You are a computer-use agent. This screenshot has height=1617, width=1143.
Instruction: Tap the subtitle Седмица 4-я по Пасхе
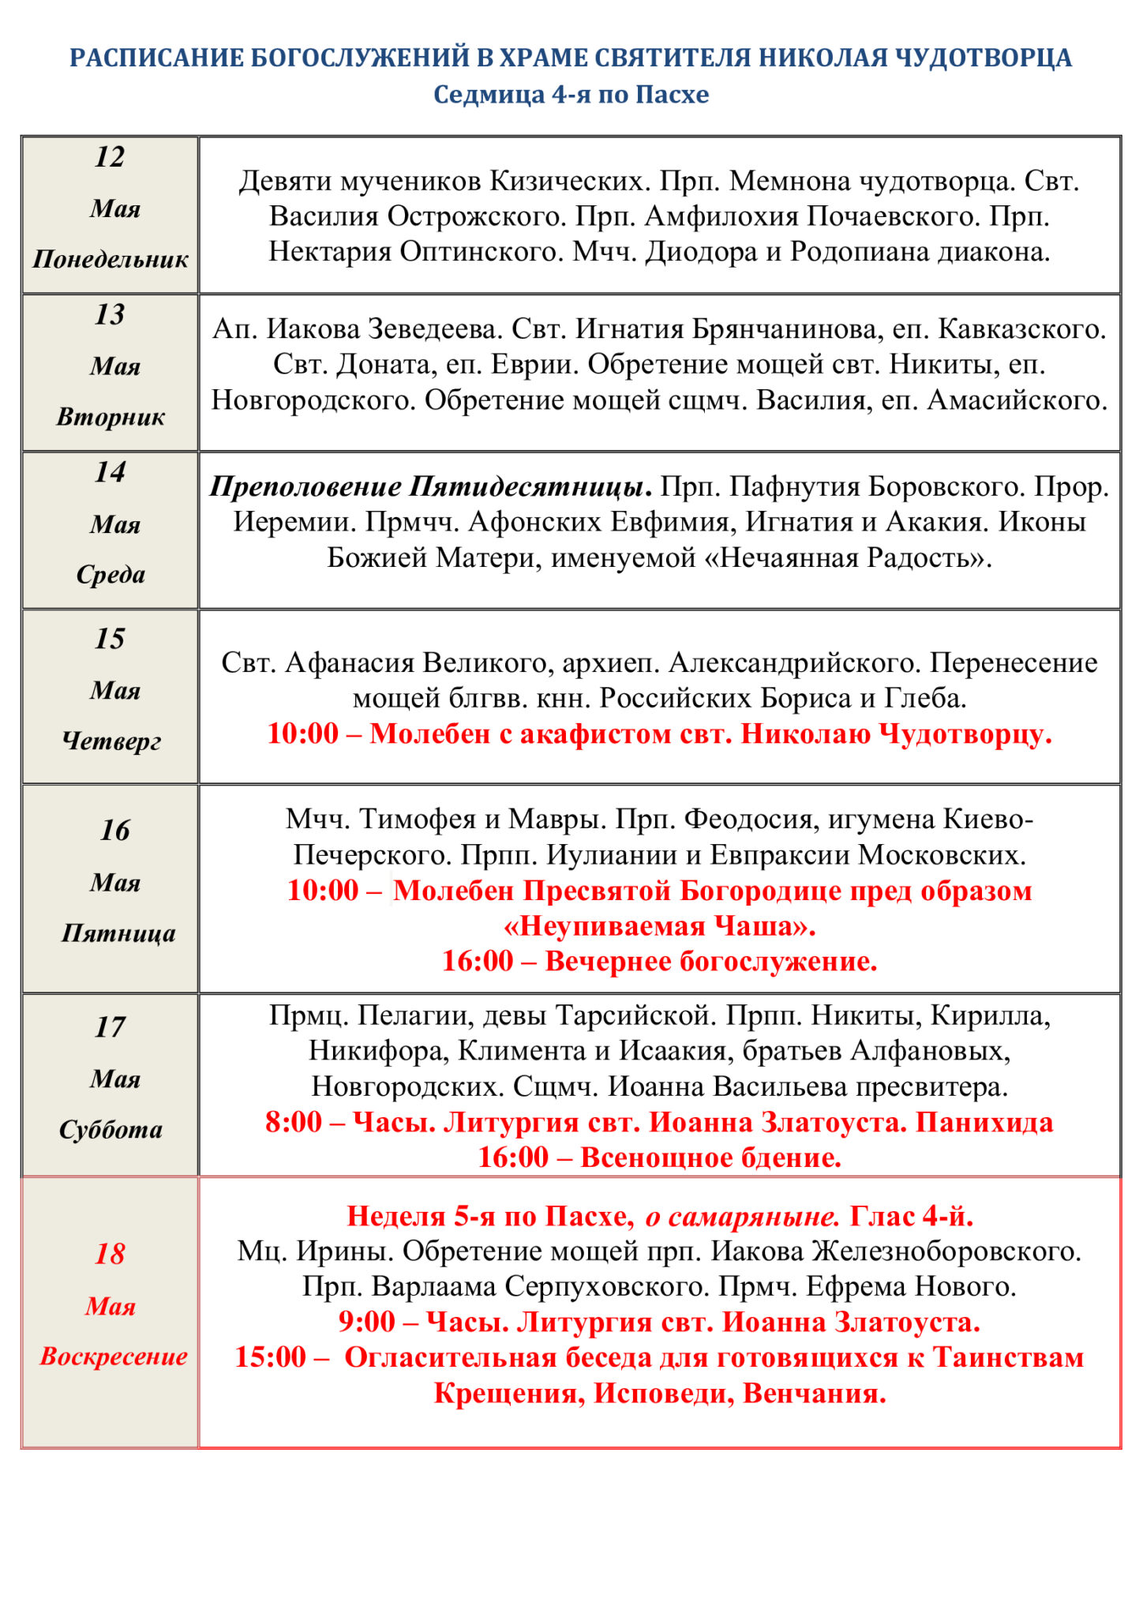pos(571,95)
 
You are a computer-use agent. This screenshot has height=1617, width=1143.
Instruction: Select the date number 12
pos(110,157)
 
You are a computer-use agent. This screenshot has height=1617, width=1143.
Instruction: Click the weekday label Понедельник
pos(111,259)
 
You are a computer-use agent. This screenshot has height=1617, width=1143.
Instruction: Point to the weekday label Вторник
pos(111,417)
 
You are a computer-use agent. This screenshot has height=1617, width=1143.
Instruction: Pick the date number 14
pos(110,472)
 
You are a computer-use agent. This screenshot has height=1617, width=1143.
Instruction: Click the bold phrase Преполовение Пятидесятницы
pos(430,486)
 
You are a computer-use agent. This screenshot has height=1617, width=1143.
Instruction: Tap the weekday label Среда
pos(111,574)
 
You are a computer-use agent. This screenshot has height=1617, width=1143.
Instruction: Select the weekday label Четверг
pos(111,741)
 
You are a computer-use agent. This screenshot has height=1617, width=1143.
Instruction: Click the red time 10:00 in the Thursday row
pos(302,733)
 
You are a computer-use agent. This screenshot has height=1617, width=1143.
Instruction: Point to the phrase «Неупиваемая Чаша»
pos(659,925)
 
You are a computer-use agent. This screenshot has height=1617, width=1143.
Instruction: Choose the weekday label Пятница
pos(118,933)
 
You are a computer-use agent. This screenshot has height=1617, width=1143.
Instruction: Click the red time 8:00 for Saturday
pos(293,1122)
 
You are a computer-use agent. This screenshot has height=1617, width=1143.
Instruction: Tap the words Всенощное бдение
pos(710,1157)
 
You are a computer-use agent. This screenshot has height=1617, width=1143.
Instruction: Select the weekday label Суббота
pos(111,1130)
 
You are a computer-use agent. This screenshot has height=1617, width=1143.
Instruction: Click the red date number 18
pos(110,1254)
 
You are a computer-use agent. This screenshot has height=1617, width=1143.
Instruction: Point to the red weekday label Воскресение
pos(114,1356)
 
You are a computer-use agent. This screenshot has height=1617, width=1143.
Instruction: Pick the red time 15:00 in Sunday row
pos(270,1357)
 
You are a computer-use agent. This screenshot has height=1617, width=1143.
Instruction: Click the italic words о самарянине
pos(742,1217)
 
